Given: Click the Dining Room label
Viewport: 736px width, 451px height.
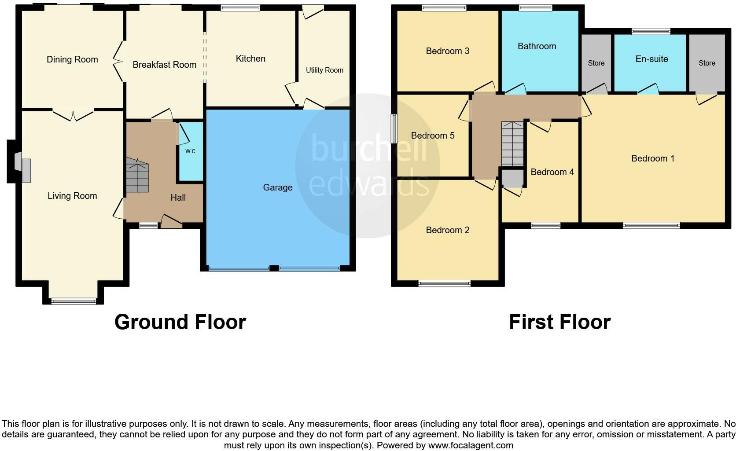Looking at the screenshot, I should coord(72,59).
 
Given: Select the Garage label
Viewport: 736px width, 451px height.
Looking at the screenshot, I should coord(278,187).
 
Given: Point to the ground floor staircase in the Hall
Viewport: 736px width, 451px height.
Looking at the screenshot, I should coord(137,176).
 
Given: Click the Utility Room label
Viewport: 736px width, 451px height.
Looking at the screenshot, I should coord(324,70).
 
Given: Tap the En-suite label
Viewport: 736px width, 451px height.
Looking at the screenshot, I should coord(651,59).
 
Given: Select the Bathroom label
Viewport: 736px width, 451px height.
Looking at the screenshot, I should coord(537,46).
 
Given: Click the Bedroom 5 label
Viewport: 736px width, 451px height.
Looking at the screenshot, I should coord(432,136).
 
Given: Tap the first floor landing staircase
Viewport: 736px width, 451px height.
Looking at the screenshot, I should coord(513,143).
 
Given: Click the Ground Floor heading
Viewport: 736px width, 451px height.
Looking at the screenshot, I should coord(180,322).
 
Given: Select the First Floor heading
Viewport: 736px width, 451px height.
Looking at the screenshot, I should coord(559,322).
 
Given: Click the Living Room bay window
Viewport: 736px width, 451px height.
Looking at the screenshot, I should coord(74,301).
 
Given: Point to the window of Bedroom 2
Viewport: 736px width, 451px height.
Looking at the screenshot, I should coord(444,283).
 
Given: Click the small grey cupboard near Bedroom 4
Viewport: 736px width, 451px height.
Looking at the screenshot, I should coord(512,178).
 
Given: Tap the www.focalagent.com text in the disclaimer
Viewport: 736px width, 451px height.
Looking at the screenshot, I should coord(471,445).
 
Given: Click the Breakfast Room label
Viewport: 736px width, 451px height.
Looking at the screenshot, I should coord(164,65).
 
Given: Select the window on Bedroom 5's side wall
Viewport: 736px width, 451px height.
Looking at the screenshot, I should coord(394,128).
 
